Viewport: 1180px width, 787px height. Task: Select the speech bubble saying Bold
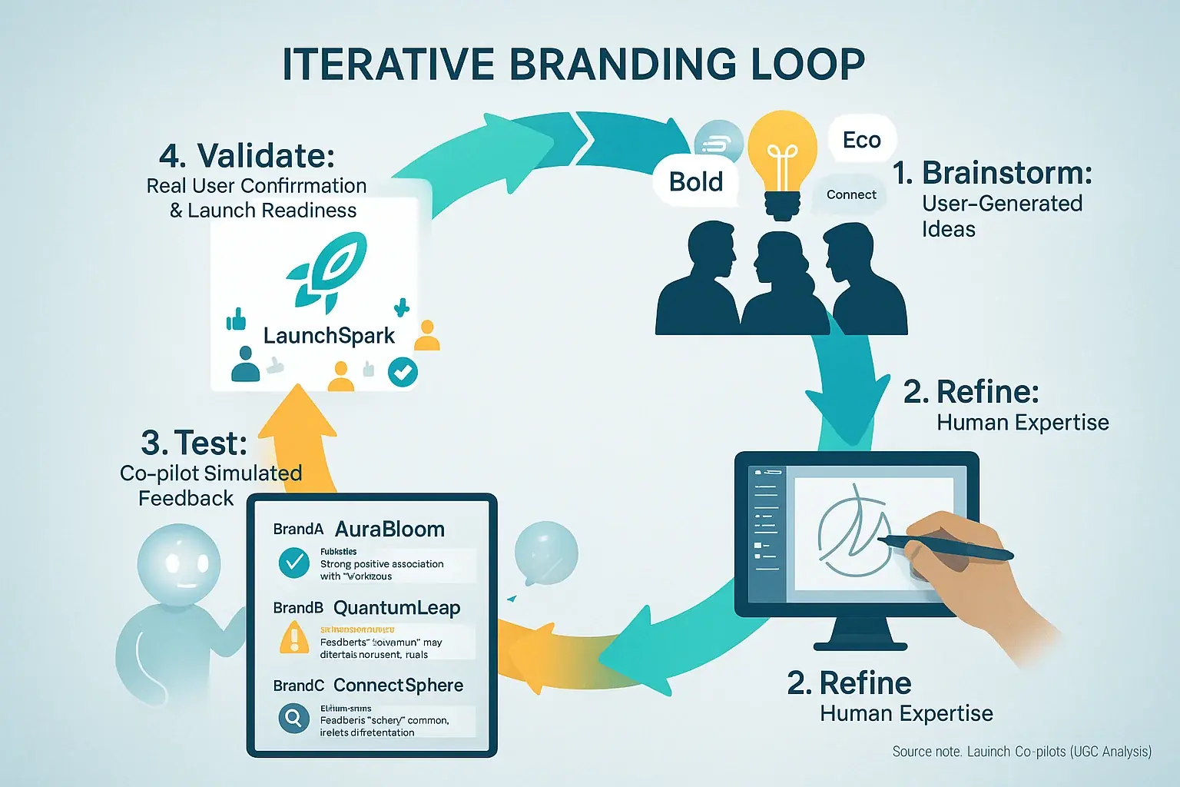[x=696, y=182]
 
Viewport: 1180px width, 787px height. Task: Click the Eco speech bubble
[x=861, y=140]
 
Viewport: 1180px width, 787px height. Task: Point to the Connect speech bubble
[x=850, y=195]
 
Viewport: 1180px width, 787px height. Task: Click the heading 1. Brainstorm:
[x=992, y=173]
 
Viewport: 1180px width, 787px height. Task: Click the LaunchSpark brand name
[x=329, y=336]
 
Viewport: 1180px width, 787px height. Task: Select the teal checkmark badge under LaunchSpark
[x=403, y=372]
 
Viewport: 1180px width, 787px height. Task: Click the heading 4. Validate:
[x=247, y=156]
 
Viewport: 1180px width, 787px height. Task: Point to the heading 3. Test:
[x=194, y=443]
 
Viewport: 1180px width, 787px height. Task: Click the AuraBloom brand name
[x=389, y=530]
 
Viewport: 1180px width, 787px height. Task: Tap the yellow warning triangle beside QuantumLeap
[x=293, y=638]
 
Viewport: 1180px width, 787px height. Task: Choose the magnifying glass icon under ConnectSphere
[x=293, y=719]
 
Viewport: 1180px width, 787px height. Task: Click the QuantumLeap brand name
[x=396, y=608]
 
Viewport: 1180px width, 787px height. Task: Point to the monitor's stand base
[x=860, y=646]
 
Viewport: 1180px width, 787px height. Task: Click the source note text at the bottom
[x=1021, y=752]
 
